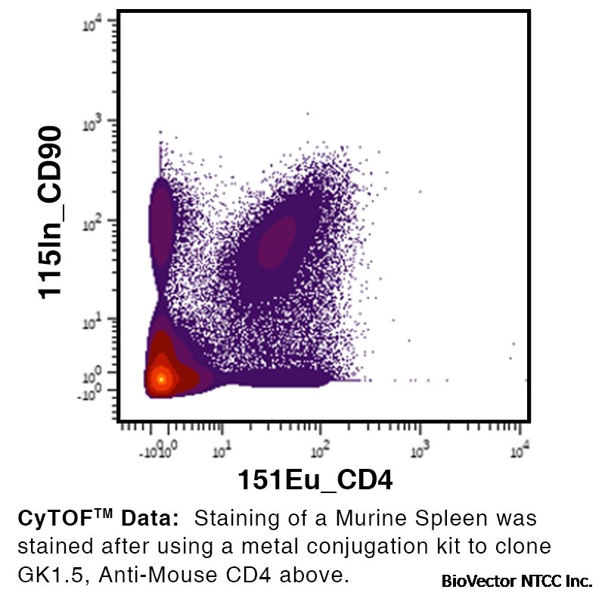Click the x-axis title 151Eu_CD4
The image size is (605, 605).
(316, 479)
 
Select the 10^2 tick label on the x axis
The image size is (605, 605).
(321, 451)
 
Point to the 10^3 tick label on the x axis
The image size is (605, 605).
(420, 451)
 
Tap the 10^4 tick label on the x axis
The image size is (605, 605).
(520, 451)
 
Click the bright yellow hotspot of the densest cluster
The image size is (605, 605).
(160, 378)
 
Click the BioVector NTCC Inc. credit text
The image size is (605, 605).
(517, 582)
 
